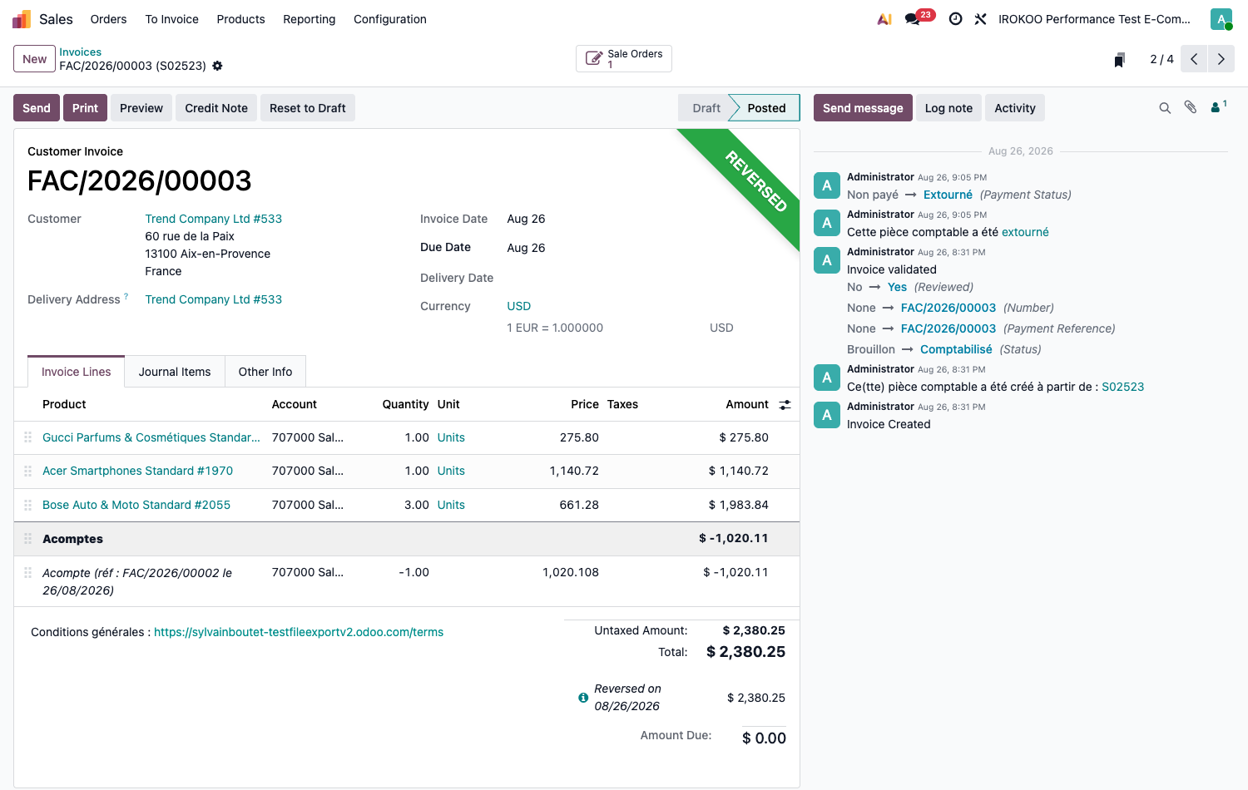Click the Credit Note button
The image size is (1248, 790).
(216, 108)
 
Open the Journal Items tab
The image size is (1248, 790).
(175, 372)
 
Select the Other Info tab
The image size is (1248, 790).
(265, 372)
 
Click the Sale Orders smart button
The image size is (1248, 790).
(623, 58)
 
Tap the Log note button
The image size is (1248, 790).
(948, 108)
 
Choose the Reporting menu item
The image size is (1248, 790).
(310, 19)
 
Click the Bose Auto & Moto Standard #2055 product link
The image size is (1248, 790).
(136, 505)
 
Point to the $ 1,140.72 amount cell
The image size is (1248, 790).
(738, 471)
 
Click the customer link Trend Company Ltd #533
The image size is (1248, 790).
(213, 219)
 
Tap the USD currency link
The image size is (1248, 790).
(518, 306)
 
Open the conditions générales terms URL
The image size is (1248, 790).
(299, 632)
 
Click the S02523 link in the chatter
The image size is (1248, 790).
(1122, 387)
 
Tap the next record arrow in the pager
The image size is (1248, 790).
(1221, 59)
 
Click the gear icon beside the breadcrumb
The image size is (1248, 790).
(217, 66)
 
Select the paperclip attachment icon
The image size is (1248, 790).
(1190, 107)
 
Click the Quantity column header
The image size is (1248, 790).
(405, 404)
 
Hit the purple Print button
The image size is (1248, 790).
(85, 108)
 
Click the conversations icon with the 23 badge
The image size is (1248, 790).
(913, 19)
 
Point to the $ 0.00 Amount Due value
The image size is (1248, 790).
(764, 738)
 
